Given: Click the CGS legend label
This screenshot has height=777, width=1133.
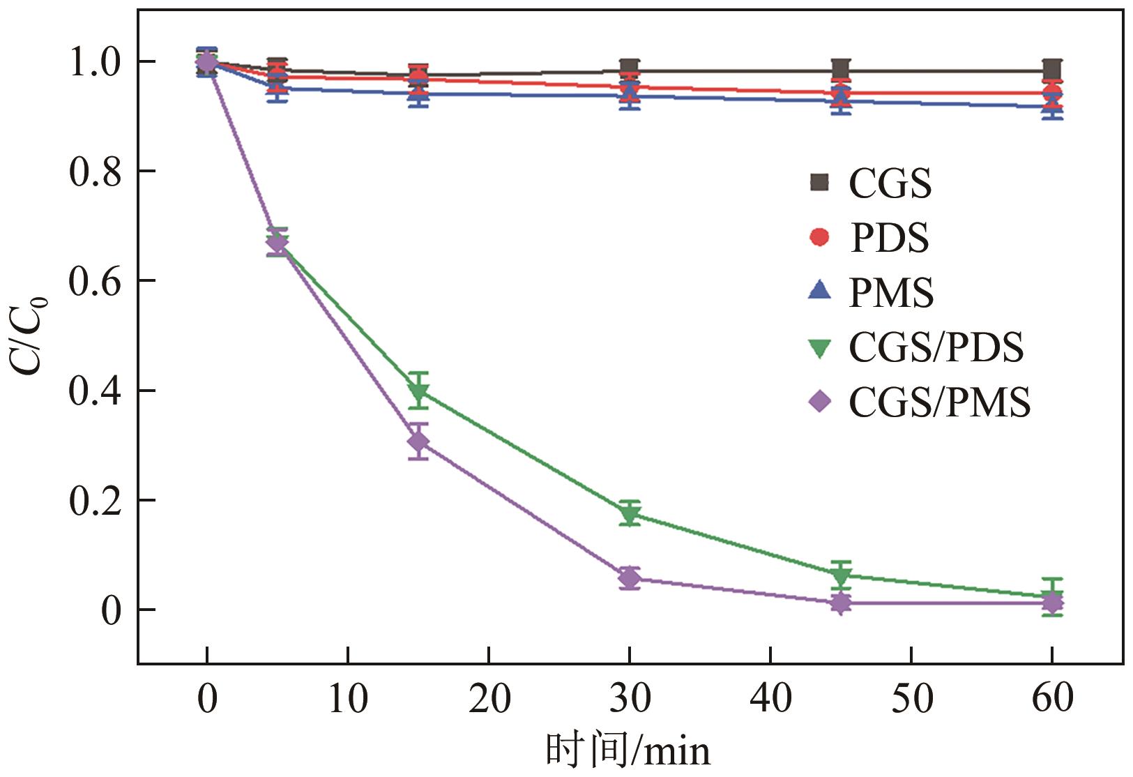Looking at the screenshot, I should (x=890, y=183).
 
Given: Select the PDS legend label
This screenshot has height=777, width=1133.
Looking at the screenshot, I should (x=890, y=238).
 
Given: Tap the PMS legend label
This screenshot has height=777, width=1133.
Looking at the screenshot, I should (x=891, y=293).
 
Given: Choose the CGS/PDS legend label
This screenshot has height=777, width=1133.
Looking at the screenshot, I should (x=936, y=347).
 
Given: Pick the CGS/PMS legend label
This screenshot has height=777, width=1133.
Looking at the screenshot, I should (x=939, y=402).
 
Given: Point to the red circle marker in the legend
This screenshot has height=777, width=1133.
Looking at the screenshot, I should (x=820, y=237).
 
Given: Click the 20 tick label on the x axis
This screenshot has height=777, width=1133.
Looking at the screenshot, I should (x=489, y=698).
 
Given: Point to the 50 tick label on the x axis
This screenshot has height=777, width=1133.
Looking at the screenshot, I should (x=911, y=698).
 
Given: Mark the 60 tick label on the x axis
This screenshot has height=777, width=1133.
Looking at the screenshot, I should (x=1052, y=698).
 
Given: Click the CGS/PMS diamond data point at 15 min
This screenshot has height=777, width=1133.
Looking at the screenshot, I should (x=418, y=442).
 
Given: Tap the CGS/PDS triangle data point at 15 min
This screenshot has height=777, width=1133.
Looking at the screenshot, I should (x=418, y=391).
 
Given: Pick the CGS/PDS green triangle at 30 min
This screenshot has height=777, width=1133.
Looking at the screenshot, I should (x=630, y=515).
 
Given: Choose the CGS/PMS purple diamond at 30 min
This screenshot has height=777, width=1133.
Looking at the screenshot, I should (x=630, y=578).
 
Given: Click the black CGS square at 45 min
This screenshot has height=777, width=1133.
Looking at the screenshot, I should (x=841, y=69).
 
